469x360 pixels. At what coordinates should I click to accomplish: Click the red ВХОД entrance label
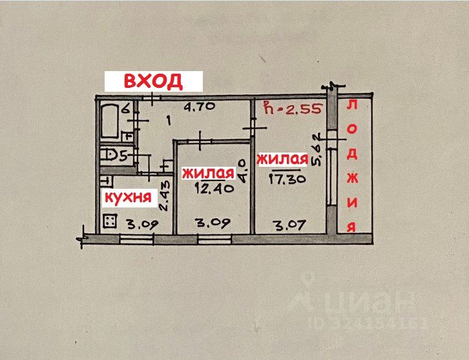click(x=154, y=81)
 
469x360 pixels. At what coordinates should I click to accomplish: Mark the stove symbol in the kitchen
click(x=110, y=221)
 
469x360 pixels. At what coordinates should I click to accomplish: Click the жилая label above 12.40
click(x=207, y=173)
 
